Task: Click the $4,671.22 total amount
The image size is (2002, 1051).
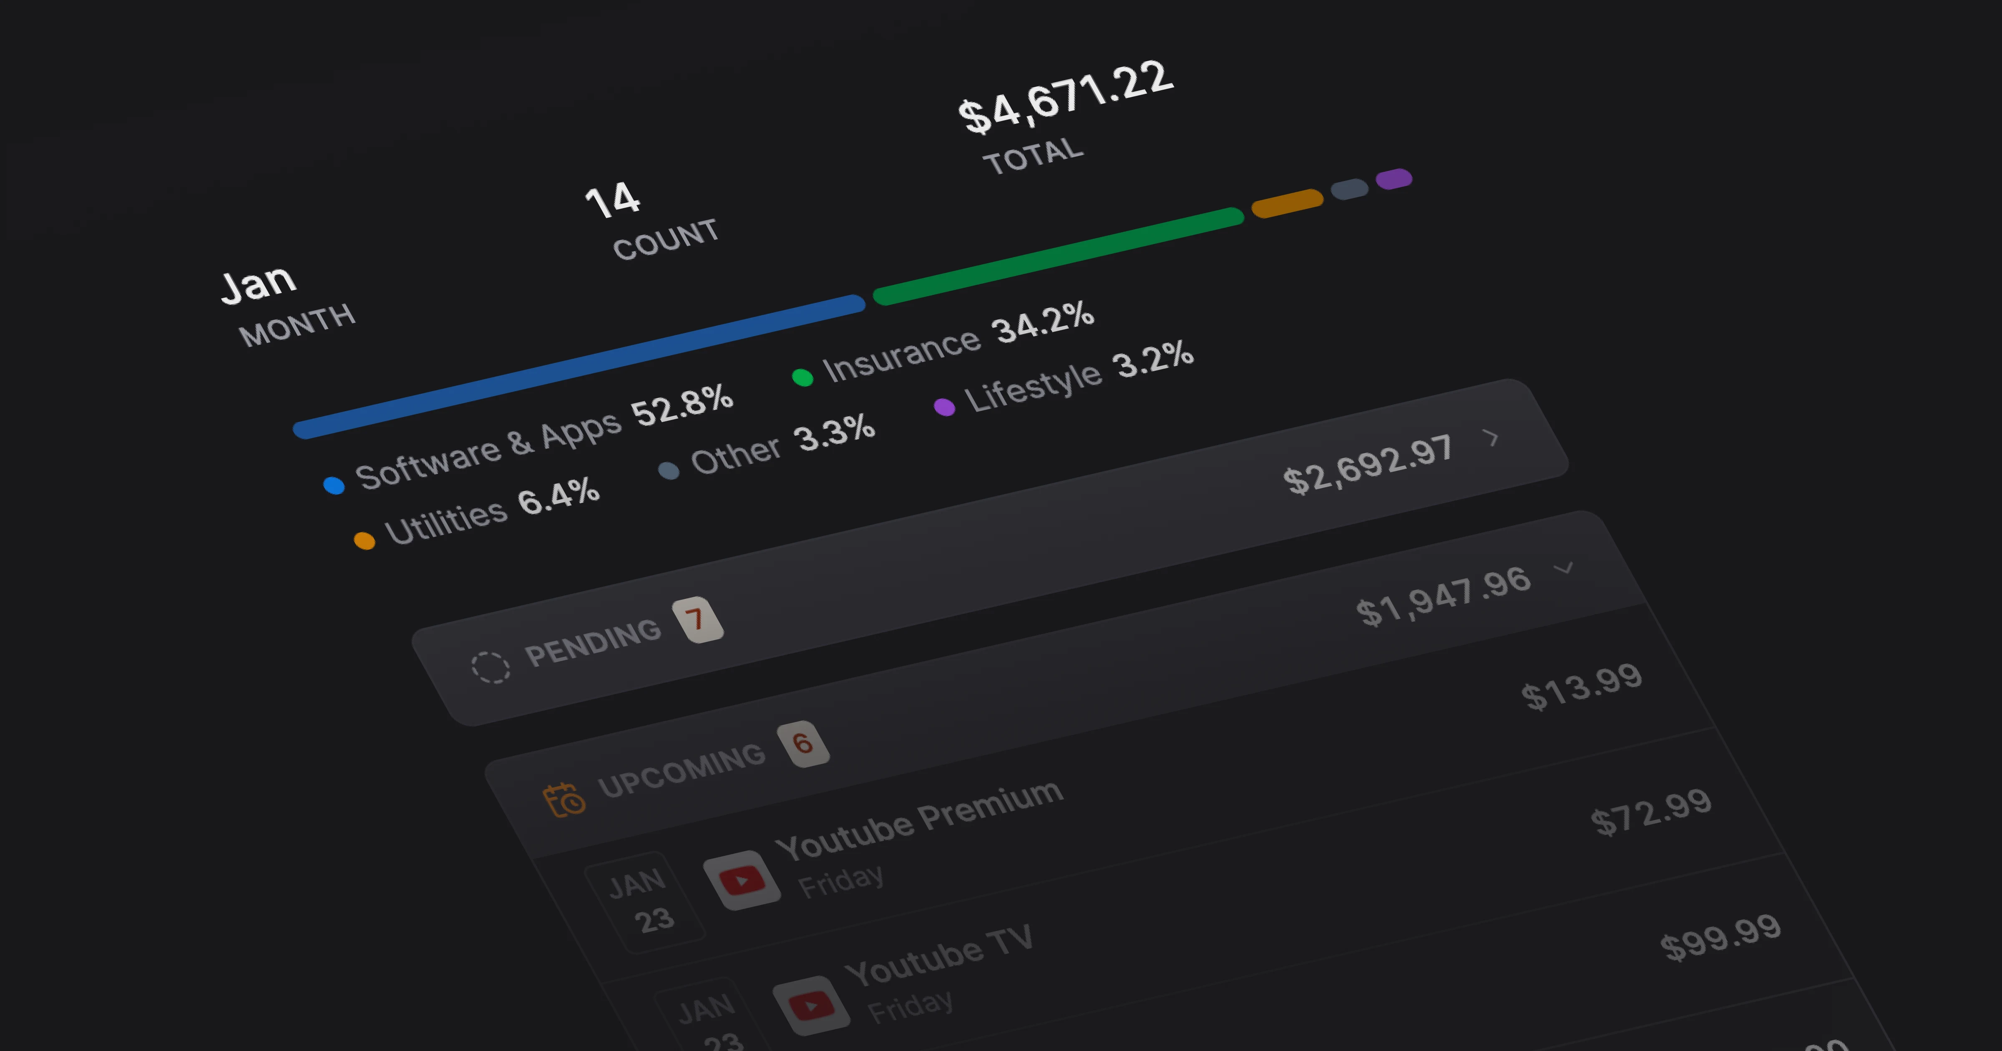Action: pos(1065,97)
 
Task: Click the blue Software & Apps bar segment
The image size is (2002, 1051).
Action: pos(579,367)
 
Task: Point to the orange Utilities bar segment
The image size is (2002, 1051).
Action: pos(1287,203)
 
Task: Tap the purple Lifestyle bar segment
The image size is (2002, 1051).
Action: pos(1393,179)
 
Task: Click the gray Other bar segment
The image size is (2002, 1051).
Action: pos(1349,189)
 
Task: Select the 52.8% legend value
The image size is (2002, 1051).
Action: pos(682,405)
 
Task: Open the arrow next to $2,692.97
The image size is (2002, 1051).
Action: pos(1491,437)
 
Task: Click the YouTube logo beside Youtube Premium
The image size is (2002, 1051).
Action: pos(742,880)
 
